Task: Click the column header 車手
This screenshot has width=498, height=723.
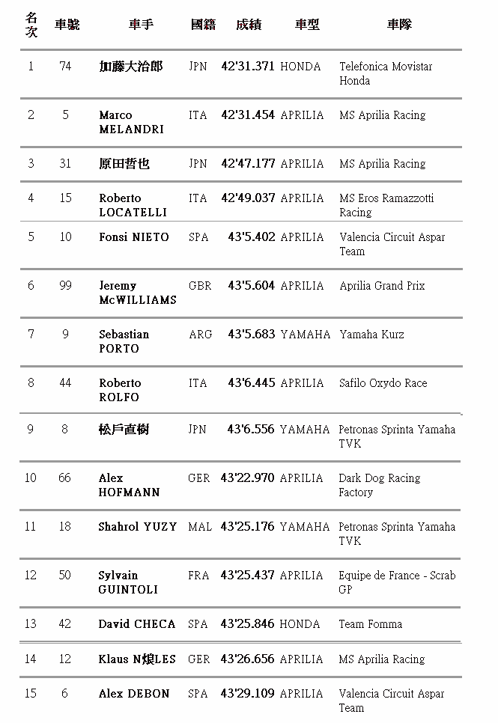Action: tap(141, 25)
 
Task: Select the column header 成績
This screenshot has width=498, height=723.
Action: tap(248, 25)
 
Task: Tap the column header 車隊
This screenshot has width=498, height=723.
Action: tap(399, 25)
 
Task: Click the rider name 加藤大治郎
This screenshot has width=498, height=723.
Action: tap(130, 67)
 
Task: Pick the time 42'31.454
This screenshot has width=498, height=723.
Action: tap(248, 115)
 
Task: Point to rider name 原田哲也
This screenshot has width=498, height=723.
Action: tap(124, 164)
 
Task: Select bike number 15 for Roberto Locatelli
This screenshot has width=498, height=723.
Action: tap(65, 198)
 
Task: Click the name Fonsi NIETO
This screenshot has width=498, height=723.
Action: tap(134, 237)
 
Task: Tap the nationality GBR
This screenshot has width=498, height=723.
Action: tap(200, 286)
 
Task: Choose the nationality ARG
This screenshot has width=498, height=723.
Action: tap(200, 335)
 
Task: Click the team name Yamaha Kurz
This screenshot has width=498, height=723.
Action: tap(371, 335)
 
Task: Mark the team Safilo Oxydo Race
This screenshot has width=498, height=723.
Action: tap(383, 383)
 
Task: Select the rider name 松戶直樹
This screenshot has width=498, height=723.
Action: tap(124, 430)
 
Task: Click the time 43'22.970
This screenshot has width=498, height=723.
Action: tap(248, 478)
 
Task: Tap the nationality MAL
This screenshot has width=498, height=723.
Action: tap(200, 527)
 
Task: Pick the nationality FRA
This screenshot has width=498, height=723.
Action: tap(198, 576)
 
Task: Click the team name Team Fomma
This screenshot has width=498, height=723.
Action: tap(371, 624)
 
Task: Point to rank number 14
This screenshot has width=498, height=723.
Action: tap(31, 659)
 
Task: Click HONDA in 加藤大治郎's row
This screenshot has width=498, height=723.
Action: tap(300, 67)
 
